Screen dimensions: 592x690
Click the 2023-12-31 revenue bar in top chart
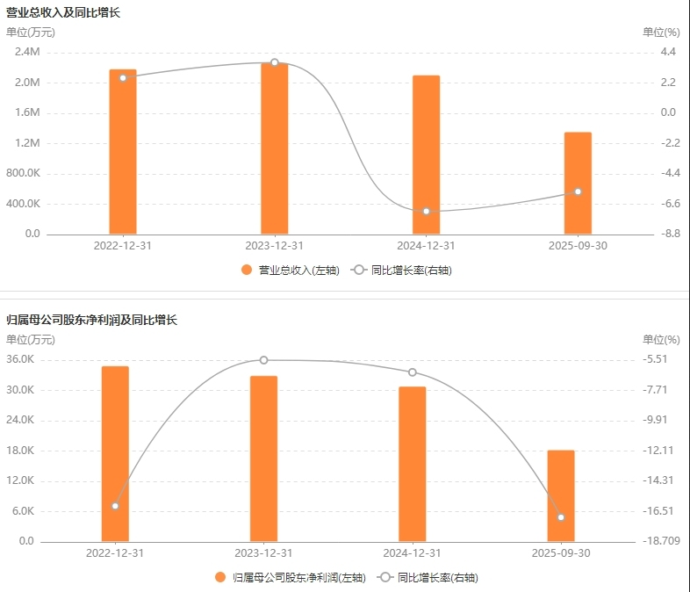point(275,148)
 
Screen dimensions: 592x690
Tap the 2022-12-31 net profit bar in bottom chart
point(115,453)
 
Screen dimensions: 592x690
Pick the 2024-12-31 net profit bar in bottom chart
point(413,464)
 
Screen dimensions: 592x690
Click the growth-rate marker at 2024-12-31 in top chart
point(426,211)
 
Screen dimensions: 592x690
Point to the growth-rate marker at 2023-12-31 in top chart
point(275,62)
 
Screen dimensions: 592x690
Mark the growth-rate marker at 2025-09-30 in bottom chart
point(561,517)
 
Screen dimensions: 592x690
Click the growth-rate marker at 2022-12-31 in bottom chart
point(115,506)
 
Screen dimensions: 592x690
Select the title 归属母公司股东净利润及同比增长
point(92,320)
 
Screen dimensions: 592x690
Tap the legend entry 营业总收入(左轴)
point(291,271)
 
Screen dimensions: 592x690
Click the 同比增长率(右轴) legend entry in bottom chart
point(428,578)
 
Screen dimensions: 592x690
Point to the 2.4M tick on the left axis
point(27,52)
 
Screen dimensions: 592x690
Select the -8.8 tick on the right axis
point(668,234)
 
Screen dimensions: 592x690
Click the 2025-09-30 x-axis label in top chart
point(578,246)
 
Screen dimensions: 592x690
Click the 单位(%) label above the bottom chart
point(661,339)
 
